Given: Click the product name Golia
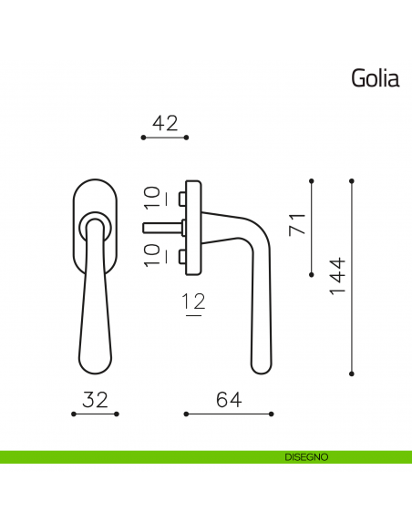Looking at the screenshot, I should click(x=376, y=78).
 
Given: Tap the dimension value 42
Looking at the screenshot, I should click(x=165, y=122).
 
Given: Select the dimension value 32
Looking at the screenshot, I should click(x=96, y=398).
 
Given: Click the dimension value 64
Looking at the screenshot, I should click(x=229, y=398).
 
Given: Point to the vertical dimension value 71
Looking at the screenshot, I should click(x=295, y=224).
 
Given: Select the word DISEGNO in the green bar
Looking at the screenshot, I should click(x=300, y=456).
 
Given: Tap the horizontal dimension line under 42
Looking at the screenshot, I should click(x=165, y=138).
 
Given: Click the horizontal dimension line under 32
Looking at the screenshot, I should click(x=96, y=414).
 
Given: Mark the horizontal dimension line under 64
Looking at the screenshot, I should click(x=229, y=414).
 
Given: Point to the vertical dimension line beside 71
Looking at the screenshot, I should click(x=312, y=224).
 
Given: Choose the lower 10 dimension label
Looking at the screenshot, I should click(x=152, y=253).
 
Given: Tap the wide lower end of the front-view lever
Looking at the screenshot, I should click(x=95, y=360).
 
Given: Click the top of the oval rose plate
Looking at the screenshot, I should click(x=94, y=184).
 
